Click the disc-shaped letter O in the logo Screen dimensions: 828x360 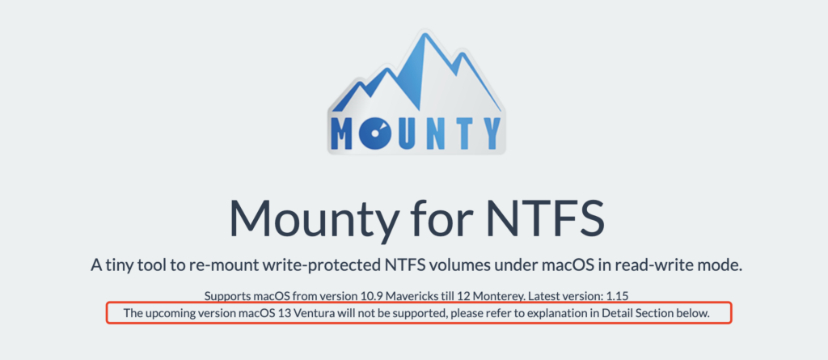click(x=376, y=132)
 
